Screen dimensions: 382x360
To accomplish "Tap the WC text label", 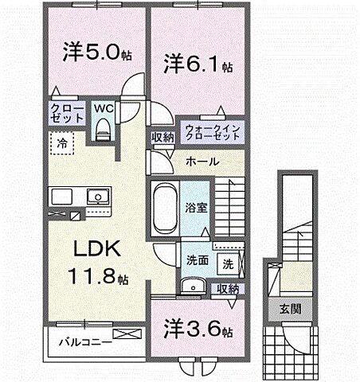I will pos(104,107).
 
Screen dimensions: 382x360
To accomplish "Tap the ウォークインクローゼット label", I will pos(213,131).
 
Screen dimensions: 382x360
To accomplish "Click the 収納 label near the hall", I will pos(163,137).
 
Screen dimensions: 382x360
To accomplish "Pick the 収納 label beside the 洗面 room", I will pos(227,289).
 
